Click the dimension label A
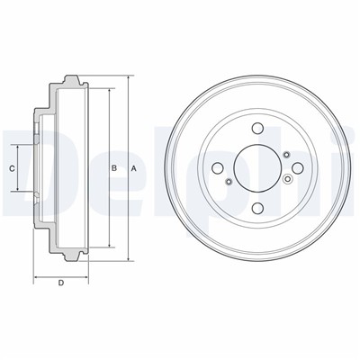coord(134,169)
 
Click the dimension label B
coord(114,168)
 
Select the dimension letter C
coord(12,168)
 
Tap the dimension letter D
coord(61,283)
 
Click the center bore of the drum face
coord(257,168)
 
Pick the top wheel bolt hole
coord(257,129)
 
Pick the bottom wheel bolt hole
coord(257,208)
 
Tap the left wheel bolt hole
coord(218,168)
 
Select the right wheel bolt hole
coord(298,168)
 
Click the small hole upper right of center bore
coord(286,155)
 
